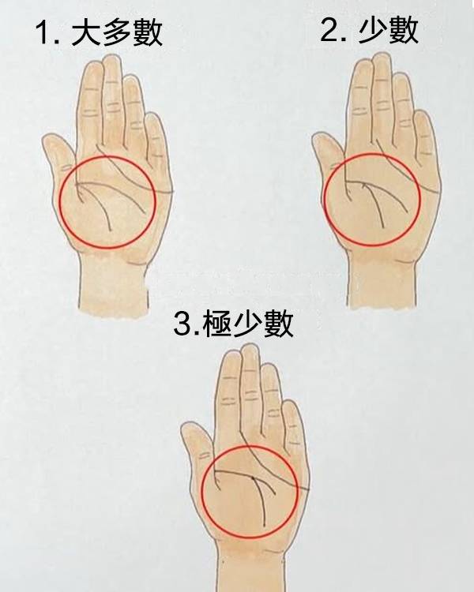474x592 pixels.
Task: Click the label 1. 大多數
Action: [99, 32]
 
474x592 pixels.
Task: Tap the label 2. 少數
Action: [370, 30]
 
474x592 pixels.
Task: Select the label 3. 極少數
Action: [233, 324]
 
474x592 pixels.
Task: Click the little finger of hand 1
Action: [156, 140]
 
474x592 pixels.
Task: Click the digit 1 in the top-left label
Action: [44, 33]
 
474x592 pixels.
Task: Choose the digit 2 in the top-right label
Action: [329, 31]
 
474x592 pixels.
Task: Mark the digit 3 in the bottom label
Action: [182, 324]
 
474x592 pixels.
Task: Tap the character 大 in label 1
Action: [86, 32]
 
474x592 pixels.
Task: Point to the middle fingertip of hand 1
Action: [111, 58]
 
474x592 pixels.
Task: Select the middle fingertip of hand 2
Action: [381, 58]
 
